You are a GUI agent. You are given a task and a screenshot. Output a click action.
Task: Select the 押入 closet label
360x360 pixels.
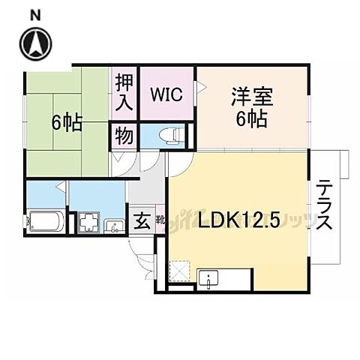point(124,93)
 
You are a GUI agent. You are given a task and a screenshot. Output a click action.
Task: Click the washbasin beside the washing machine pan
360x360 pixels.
point(114,225)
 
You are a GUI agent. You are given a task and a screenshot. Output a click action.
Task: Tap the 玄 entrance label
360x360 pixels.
point(141,222)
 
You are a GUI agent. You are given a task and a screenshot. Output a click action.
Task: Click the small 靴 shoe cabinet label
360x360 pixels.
point(160,220)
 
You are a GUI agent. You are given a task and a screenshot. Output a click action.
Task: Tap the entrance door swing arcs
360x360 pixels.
point(145,259)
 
